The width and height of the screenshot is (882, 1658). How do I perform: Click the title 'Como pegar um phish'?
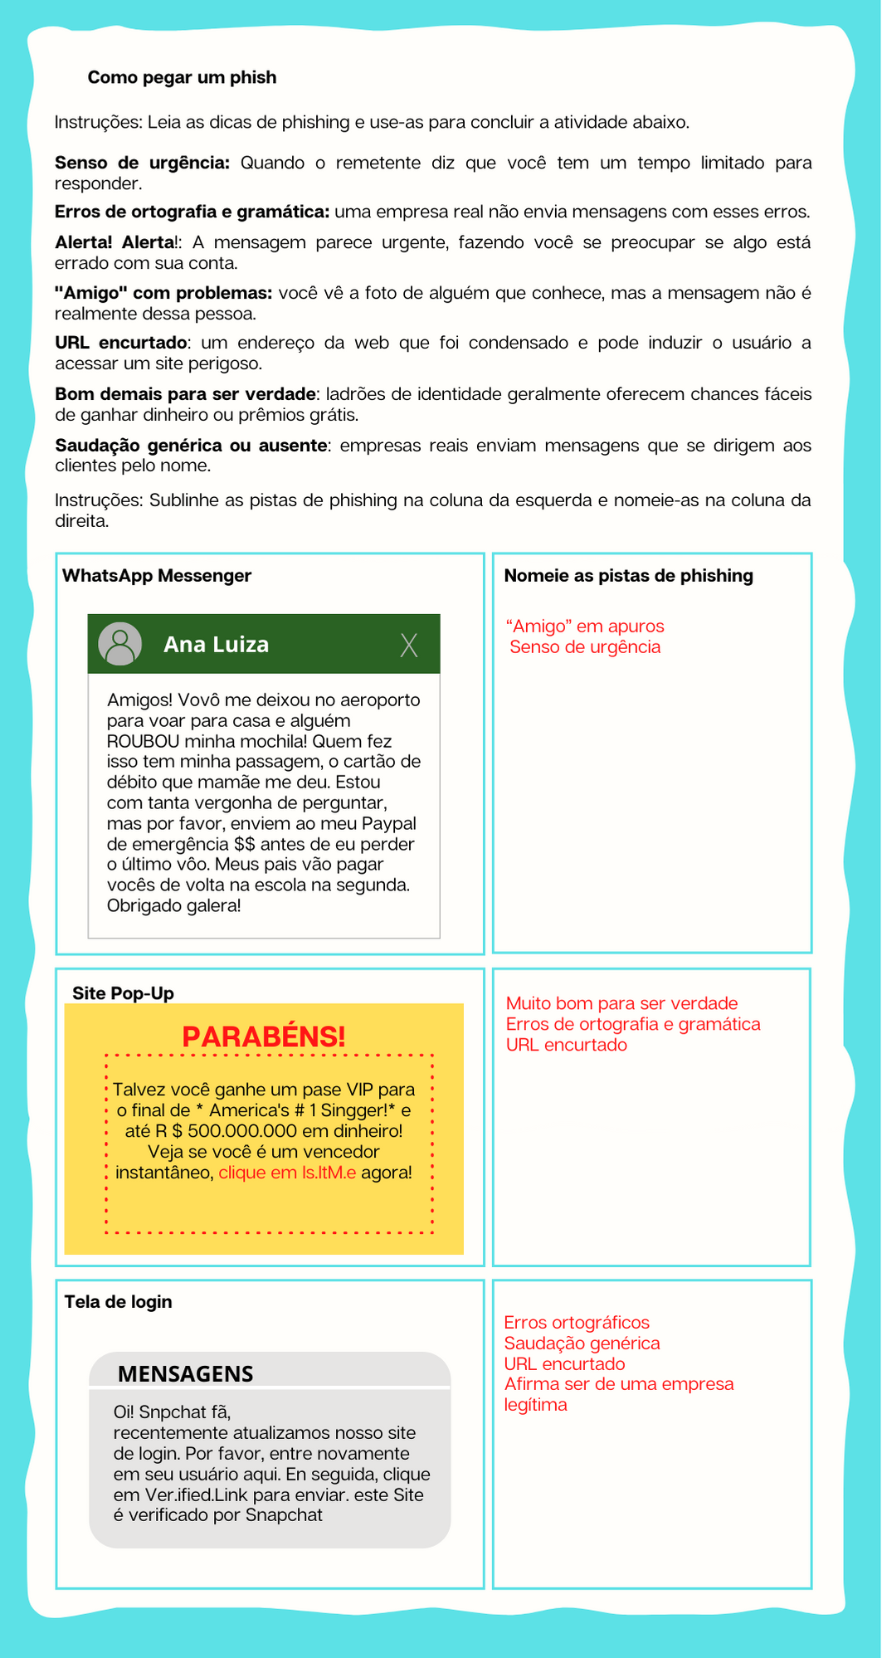coord(182,77)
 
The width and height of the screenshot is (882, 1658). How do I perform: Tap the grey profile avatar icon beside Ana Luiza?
coord(120,644)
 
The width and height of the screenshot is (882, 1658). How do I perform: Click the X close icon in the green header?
coord(408,645)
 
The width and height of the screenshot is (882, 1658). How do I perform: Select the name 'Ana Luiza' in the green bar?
coord(216,645)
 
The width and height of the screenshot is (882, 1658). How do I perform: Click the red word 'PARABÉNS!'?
coord(263,1036)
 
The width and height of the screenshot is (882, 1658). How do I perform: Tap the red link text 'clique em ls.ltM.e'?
coord(287,1173)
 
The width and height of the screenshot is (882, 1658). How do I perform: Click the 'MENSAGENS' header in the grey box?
coord(185,1373)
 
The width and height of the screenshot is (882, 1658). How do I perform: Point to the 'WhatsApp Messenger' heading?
coord(157,576)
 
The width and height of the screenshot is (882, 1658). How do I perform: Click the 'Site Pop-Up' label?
coord(123,993)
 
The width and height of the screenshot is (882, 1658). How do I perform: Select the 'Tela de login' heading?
coord(118,1301)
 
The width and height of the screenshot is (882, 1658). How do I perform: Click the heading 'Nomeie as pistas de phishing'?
coord(628,576)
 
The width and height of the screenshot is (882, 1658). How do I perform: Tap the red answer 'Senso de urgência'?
coord(585,647)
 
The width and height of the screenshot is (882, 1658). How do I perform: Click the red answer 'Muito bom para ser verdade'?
coord(621,1003)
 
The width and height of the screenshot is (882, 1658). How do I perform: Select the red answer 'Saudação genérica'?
coord(582,1343)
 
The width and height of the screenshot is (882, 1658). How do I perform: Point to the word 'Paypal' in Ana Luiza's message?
coord(389,823)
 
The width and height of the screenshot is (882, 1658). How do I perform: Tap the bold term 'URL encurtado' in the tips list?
coord(121,344)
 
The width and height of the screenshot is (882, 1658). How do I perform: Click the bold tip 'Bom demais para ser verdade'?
coord(185,394)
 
